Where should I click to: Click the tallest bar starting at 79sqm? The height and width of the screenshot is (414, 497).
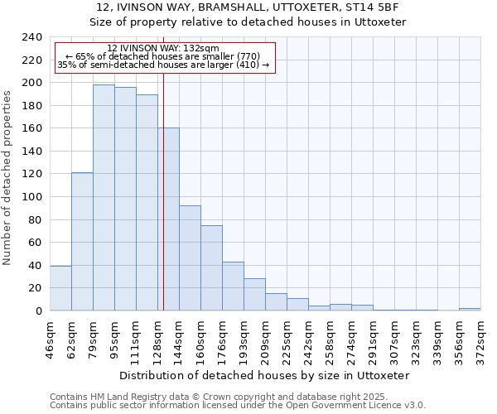pyautogui.click(x=104, y=198)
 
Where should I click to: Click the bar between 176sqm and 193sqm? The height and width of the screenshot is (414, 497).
pyautogui.click(x=233, y=286)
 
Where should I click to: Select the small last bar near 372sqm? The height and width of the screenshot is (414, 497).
pyautogui.click(x=470, y=309)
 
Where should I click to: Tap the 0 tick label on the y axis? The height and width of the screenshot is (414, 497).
pyautogui.click(x=38, y=310)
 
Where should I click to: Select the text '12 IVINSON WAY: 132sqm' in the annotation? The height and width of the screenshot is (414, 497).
pyautogui.click(x=163, y=49)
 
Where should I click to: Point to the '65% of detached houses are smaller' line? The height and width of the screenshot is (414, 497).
pyautogui.click(x=162, y=56)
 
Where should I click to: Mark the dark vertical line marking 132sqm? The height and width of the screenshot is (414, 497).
pyautogui.click(x=163, y=207)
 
